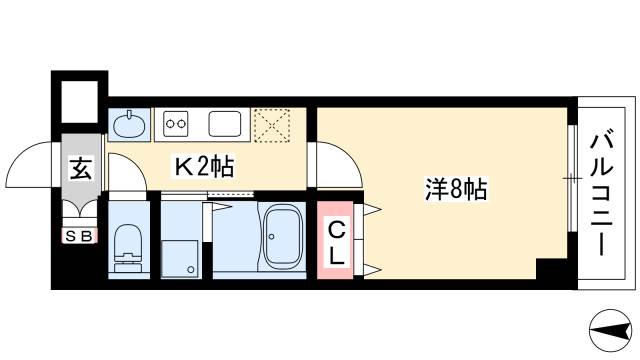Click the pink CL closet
(337, 241)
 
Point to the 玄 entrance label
(79, 169)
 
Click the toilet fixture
(128, 246)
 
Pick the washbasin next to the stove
(129, 125)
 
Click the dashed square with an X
(271, 125)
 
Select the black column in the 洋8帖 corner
(551, 270)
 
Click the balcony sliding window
(572, 180)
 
